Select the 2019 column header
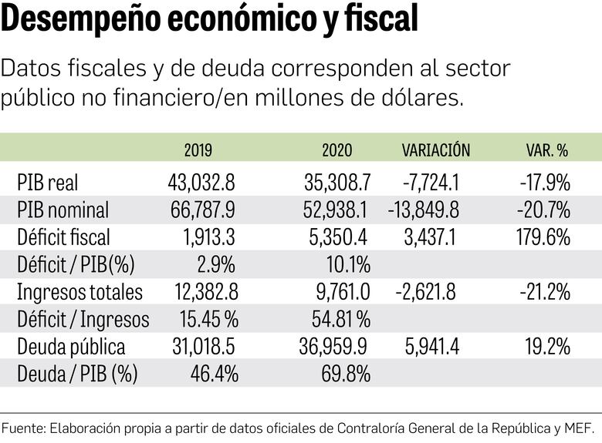(x=198, y=150)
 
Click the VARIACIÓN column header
(x=435, y=150)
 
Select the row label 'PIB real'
(x=47, y=183)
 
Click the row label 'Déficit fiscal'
(x=63, y=237)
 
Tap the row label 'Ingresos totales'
(x=79, y=292)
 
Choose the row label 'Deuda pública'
(x=70, y=347)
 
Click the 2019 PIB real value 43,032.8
(x=201, y=183)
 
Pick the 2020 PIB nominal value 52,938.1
(x=335, y=210)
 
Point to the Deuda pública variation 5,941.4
(x=431, y=347)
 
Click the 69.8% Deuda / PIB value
(x=345, y=374)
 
